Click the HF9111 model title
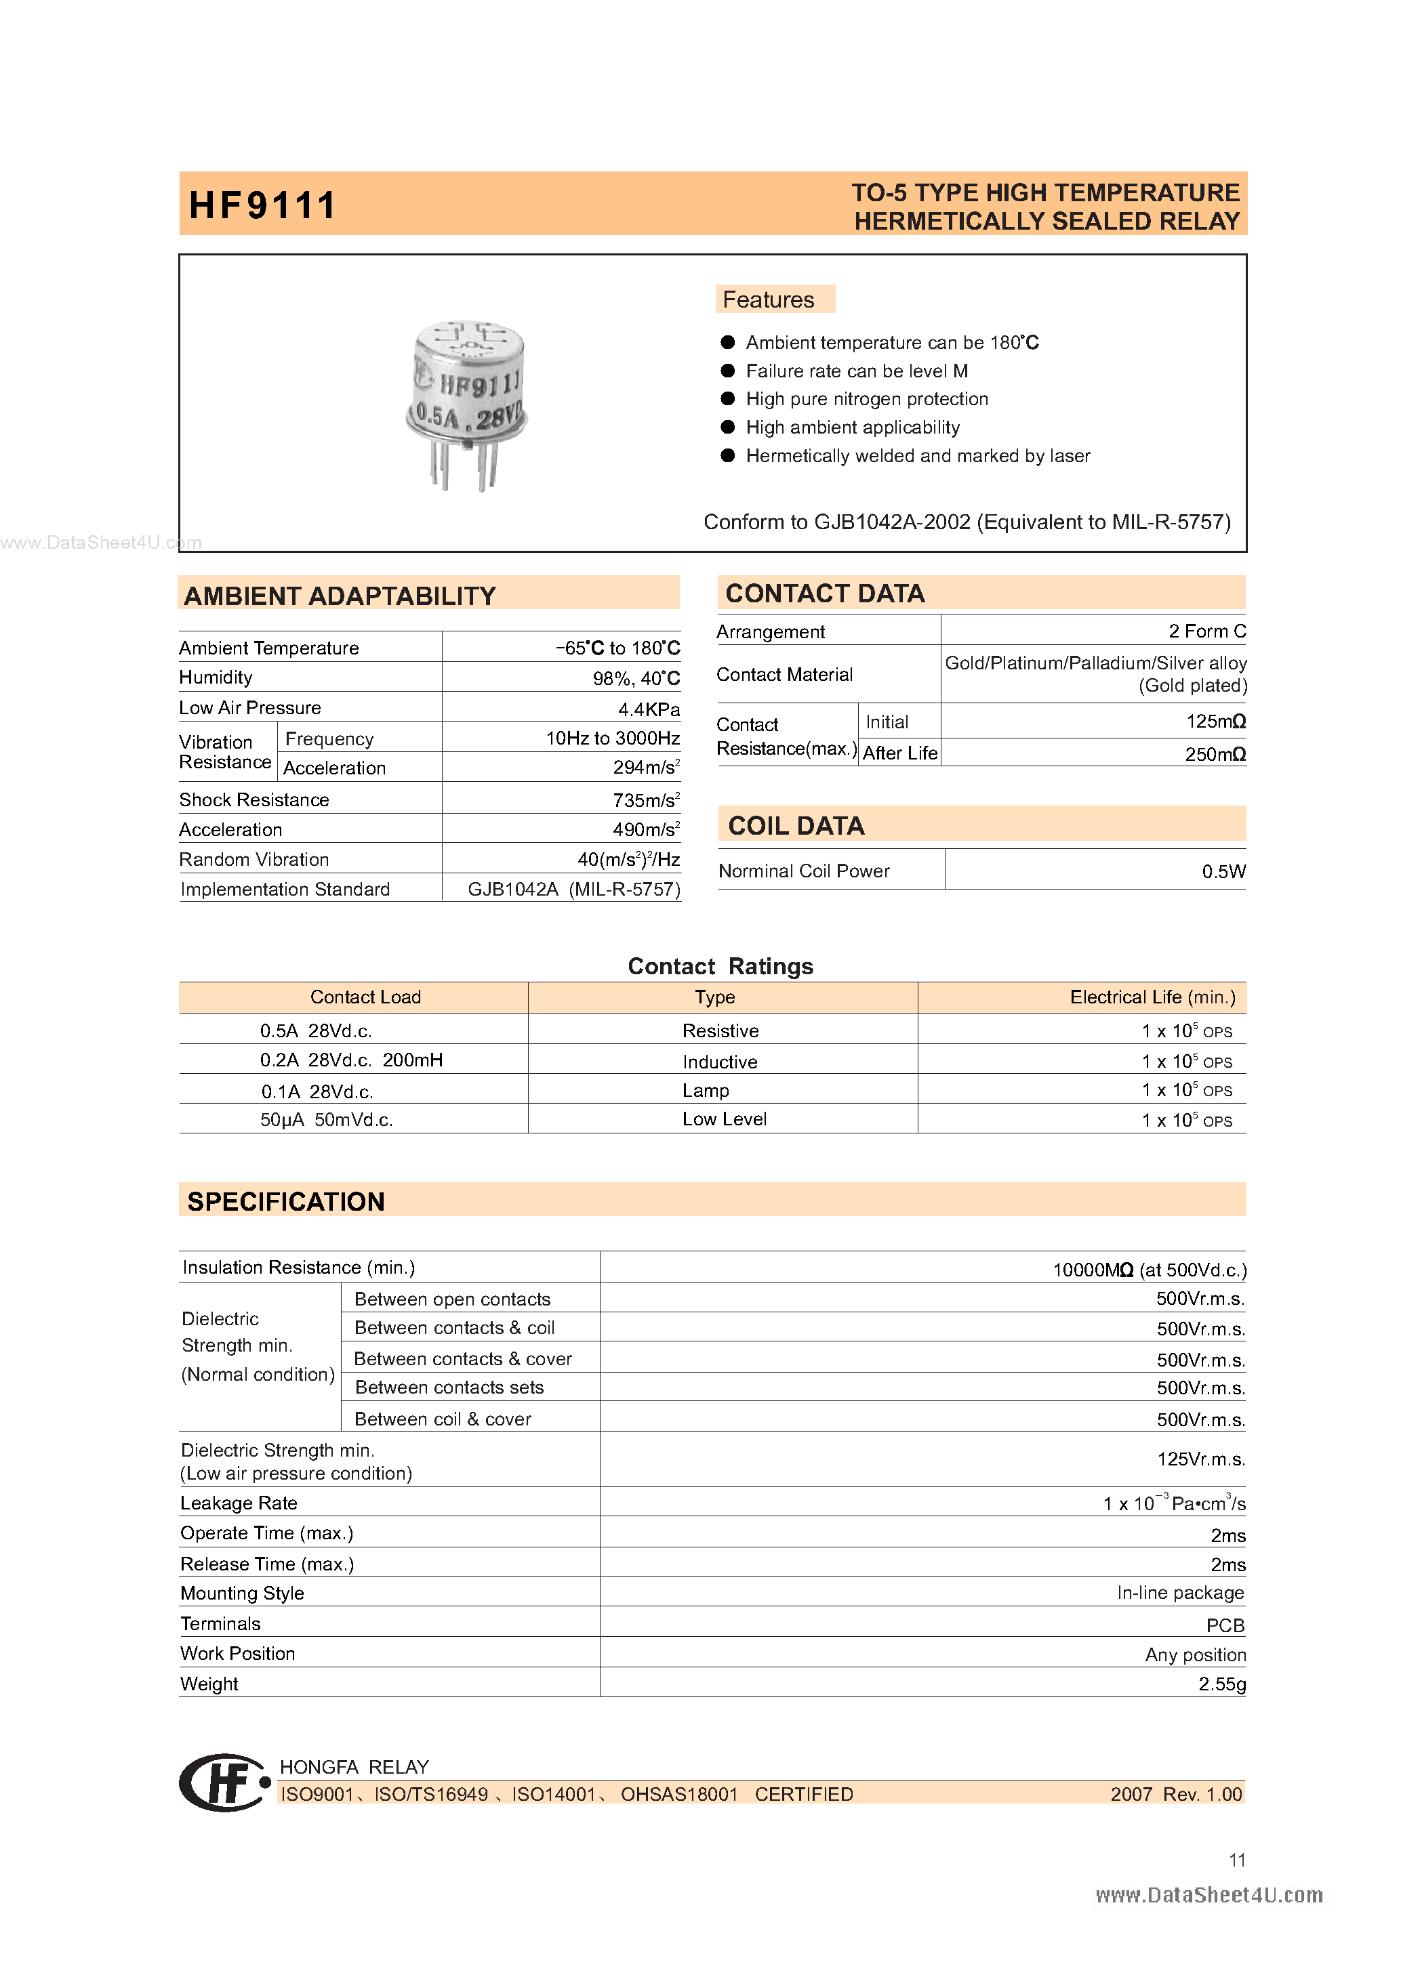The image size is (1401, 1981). point(262,205)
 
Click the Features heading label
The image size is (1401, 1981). point(768,299)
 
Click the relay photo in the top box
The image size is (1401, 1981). point(467,404)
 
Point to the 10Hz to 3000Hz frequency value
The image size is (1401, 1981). point(612,738)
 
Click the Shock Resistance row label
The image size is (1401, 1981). point(253,800)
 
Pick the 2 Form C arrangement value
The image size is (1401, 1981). point(1206,631)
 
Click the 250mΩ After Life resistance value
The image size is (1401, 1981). point(1215,754)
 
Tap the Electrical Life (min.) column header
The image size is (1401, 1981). point(1152,997)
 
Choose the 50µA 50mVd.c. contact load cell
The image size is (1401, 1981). point(326,1120)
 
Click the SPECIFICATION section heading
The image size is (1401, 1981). point(286,1202)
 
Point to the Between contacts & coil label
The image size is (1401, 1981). point(454,1328)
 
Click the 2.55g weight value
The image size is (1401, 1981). point(1221,1684)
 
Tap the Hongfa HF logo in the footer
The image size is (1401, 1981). point(224,1782)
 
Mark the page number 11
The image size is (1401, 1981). point(1236,1860)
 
